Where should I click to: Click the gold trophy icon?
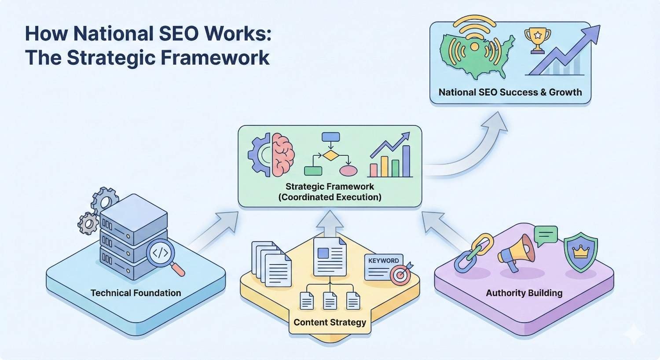pyautogui.click(x=537, y=40)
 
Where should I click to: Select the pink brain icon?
pyautogui.click(x=283, y=155)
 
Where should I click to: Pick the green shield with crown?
pyautogui.click(x=581, y=253)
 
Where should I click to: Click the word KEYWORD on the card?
pyautogui.click(x=383, y=261)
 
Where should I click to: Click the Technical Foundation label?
pyautogui.click(x=136, y=293)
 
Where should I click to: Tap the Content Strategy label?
pyautogui.click(x=330, y=322)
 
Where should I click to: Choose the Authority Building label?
pyautogui.click(x=524, y=293)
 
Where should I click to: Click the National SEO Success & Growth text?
pyautogui.click(x=510, y=92)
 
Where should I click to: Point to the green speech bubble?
pyautogui.click(x=546, y=236)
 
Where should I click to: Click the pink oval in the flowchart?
pyautogui.click(x=348, y=171)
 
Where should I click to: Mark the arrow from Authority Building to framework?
pyautogui.click(x=444, y=229)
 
